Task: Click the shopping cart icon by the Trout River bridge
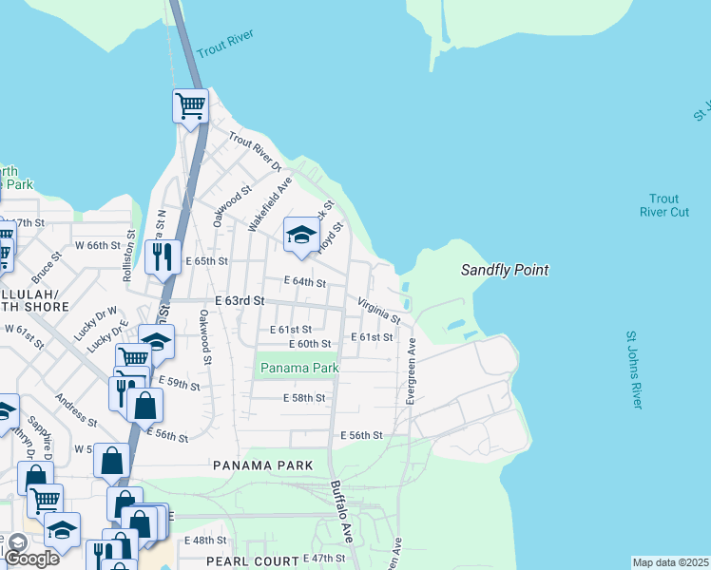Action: pyautogui.click(x=190, y=104)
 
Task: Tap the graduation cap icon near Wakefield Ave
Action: pyautogui.click(x=302, y=235)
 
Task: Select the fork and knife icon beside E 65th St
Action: pyautogui.click(x=163, y=256)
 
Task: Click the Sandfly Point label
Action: pyautogui.click(x=505, y=271)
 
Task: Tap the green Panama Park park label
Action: pyautogui.click(x=299, y=367)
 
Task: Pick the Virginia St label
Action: pyautogui.click(x=378, y=311)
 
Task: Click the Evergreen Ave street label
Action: pyautogui.click(x=412, y=371)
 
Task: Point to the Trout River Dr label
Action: pyautogui.click(x=258, y=152)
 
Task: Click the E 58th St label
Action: pyautogui.click(x=304, y=398)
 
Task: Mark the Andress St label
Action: pyautogui.click(x=75, y=409)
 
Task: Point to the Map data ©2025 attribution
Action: pyautogui.click(x=670, y=562)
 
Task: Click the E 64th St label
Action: pyautogui.click(x=305, y=282)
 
